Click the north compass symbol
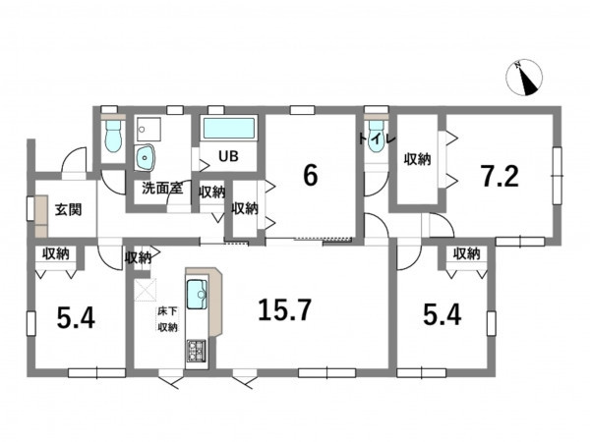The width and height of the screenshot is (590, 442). tap(524, 78)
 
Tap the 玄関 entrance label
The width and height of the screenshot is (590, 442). tap(68, 210)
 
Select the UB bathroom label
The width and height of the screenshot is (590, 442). tap(228, 156)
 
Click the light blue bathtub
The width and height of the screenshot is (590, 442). tap(229, 129)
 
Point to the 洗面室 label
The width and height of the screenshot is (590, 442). tap(162, 188)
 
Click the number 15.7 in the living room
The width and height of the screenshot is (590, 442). tap(285, 310)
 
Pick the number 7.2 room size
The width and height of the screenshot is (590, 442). tap(501, 176)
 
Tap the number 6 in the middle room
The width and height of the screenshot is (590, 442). tap(310, 176)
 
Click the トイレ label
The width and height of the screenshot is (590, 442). tap(377, 139)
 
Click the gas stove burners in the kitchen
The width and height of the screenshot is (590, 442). tap(197, 351)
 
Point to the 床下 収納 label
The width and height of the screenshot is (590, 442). tap(168, 319)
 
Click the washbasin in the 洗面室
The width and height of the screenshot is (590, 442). tap(146, 158)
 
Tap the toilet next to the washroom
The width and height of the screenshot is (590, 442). tap(113, 136)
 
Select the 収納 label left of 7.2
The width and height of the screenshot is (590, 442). tap(417, 160)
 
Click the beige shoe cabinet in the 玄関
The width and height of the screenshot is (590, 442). tap(41, 216)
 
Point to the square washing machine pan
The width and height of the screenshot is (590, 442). tap(148, 130)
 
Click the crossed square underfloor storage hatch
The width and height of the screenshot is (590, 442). tap(145, 290)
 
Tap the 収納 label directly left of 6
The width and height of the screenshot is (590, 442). tap(245, 208)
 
